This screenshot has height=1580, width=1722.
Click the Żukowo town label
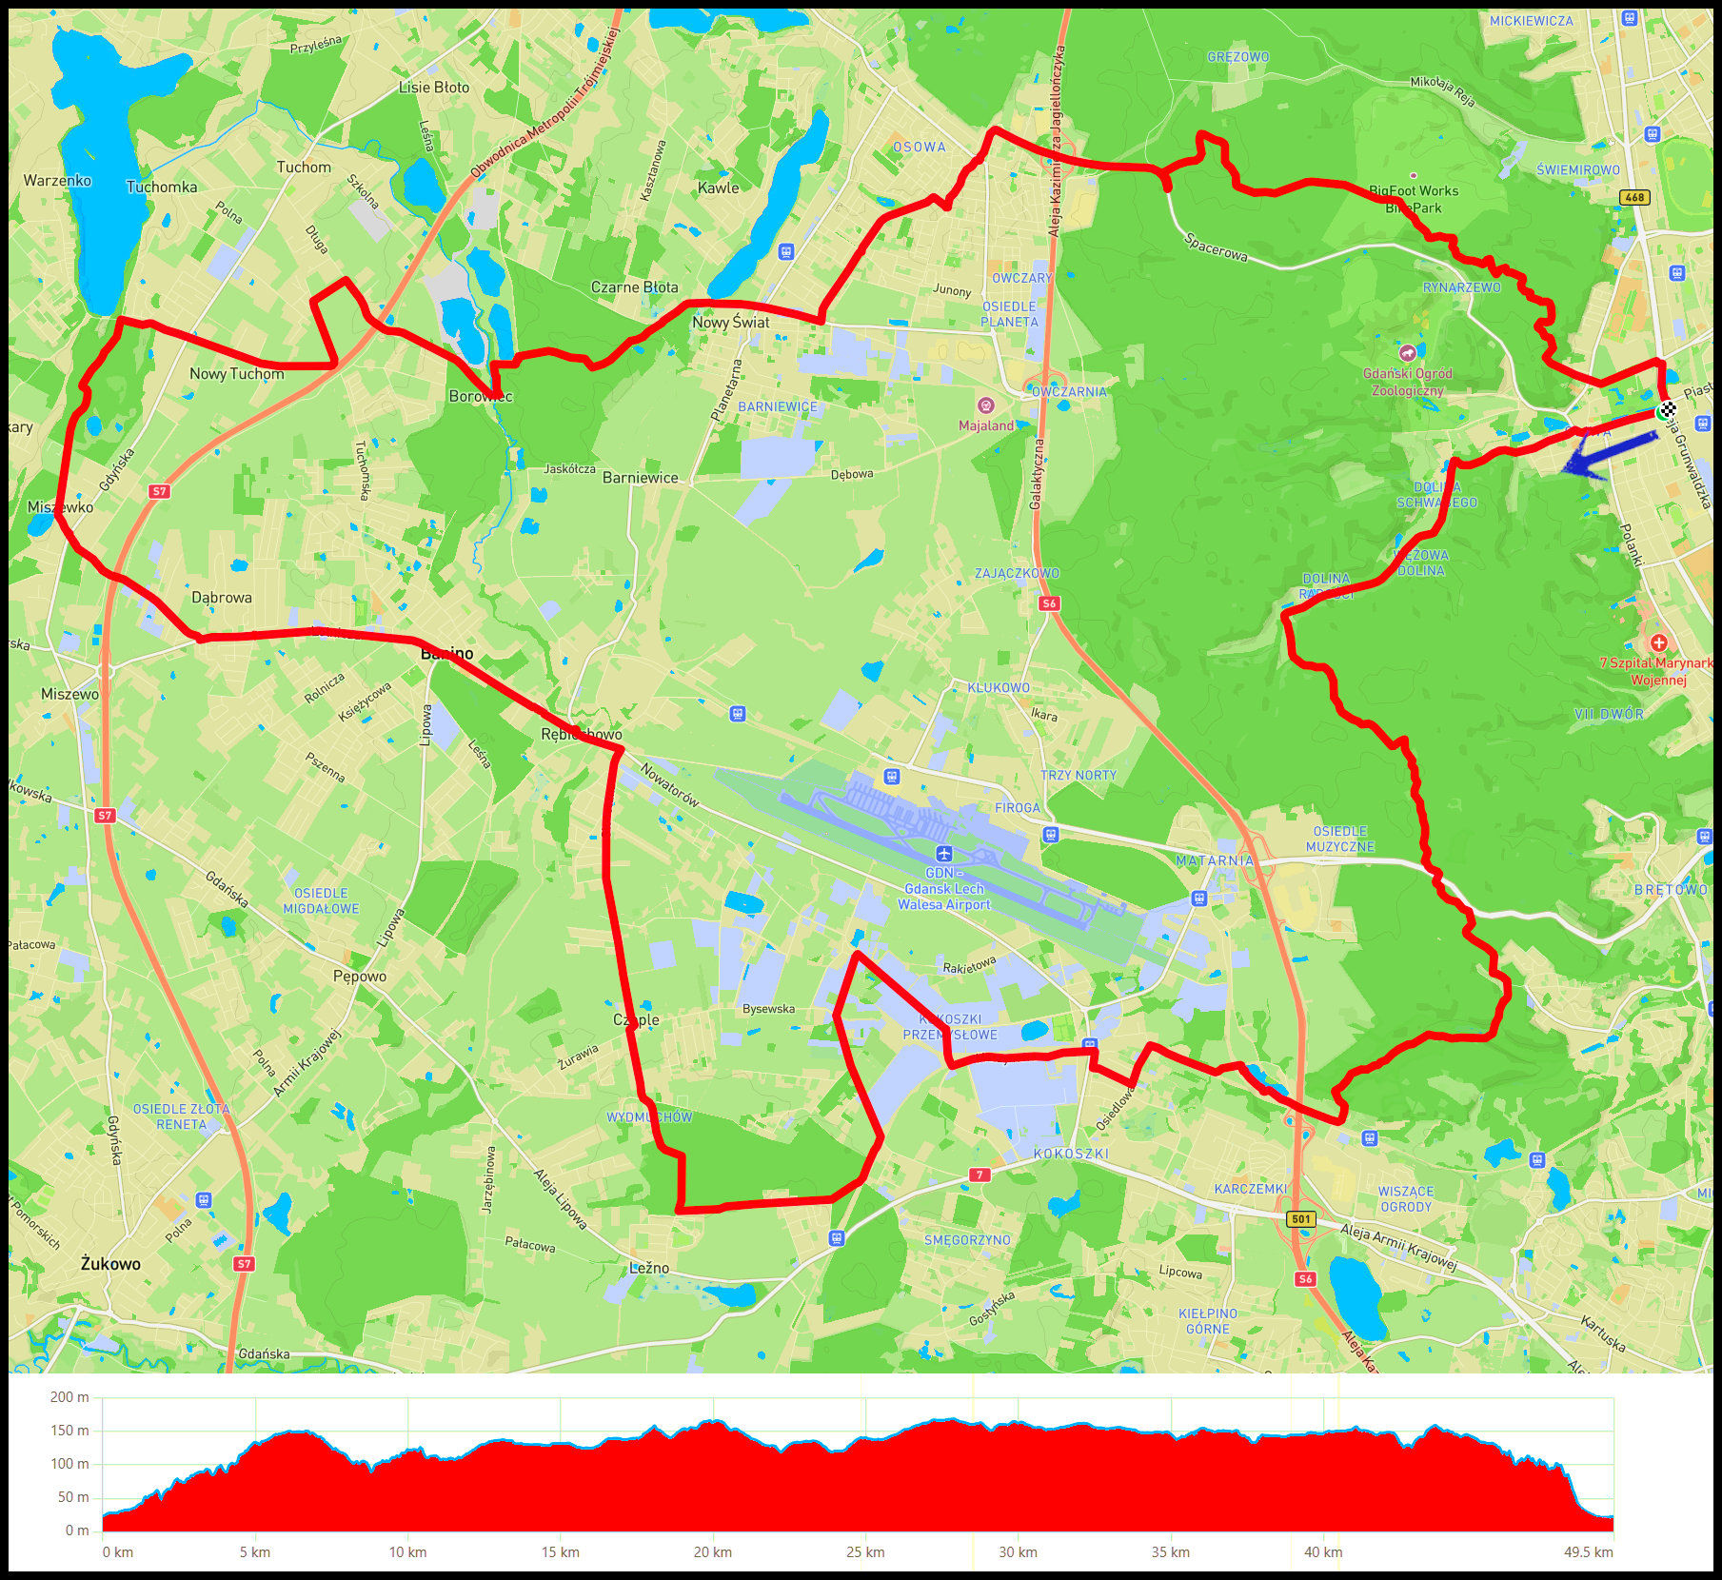(x=110, y=1264)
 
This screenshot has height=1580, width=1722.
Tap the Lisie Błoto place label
(x=434, y=88)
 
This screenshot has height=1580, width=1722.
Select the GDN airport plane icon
(x=943, y=853)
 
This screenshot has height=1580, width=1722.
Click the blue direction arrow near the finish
(x=1608, y=454)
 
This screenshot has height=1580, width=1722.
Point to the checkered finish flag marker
(x=1667, y=410)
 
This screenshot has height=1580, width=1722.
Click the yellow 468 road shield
(x=1634, y=198)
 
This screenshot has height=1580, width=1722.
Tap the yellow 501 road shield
(x=1301, y=1219)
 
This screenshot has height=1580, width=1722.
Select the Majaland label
(x=986, y=425)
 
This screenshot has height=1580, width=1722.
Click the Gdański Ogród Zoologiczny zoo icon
(x=1407, y=353)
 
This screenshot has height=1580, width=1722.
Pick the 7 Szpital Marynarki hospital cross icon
(x=1659, y=642)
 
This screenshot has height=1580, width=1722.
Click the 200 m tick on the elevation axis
(x=69, y=1397)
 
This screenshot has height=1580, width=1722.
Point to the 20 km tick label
(x=713, y=1552)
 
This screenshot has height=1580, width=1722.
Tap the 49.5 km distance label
(x=1588, y=1552)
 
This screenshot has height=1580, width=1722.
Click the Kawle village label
(x=718, y=188)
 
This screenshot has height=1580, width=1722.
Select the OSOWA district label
(x=920, y=148)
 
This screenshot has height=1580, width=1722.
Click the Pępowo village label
(x=360, y=977)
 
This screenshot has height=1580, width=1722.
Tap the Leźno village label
(x=649, y=1268)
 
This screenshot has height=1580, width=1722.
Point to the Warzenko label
(x=57, y=181)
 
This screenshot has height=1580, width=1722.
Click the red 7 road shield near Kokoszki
(x=980, y=1175)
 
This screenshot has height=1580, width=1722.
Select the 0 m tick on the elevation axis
(x=77, y=1531)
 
